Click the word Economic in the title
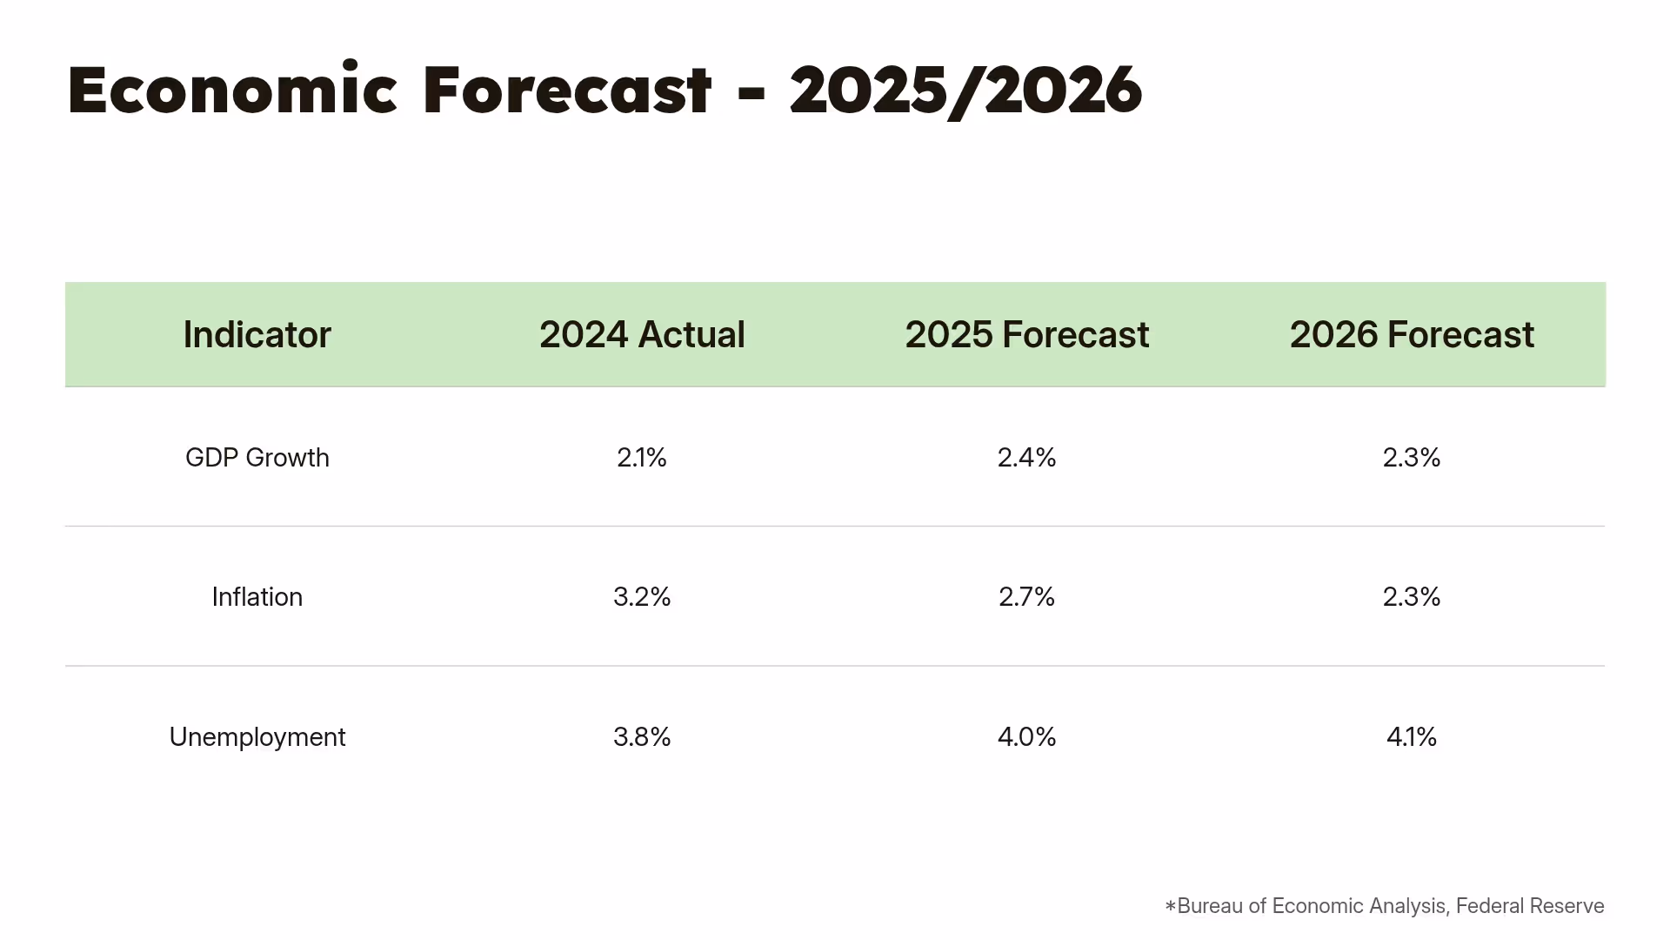tap(232, 90)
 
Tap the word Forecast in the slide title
tap(567, 90)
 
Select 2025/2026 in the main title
tap(965, 90)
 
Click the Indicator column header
tap(257, 335)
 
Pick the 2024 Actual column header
tap(642, 335)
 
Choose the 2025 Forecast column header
tap(1026, 335)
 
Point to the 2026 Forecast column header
tap(1411, 335)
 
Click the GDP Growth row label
tap(257, 458)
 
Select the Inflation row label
tap(257, 597)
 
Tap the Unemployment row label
tap(257, 737)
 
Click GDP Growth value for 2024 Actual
tap(642, 458)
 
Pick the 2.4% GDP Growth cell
tap(1026, 458)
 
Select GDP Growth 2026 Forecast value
tap(1411, 458)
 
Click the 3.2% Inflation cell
tap(642, 597)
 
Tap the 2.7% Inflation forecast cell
tap(1026, 597)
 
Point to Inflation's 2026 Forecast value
tap(1411, 597)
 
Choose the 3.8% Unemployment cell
tap(642, 737)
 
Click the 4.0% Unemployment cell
tap(1026, 737)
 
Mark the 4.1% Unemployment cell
tap(1411, 737)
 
